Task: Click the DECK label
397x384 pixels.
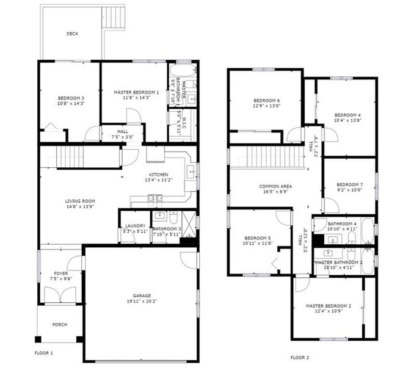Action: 72,34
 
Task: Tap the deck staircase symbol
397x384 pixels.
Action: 113,17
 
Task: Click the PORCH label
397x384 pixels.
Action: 59,325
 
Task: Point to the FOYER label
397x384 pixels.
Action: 60,274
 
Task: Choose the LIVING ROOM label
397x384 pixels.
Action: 80,201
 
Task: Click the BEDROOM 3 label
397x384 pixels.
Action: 71,98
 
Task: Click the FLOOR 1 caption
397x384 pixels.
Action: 43,353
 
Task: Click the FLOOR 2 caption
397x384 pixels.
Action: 299,357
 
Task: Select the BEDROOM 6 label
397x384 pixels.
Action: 266,101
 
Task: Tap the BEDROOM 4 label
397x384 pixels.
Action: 346,115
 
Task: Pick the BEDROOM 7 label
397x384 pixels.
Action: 349,184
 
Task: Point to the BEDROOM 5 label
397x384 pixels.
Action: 257,238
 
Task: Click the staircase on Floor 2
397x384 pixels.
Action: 267,157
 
